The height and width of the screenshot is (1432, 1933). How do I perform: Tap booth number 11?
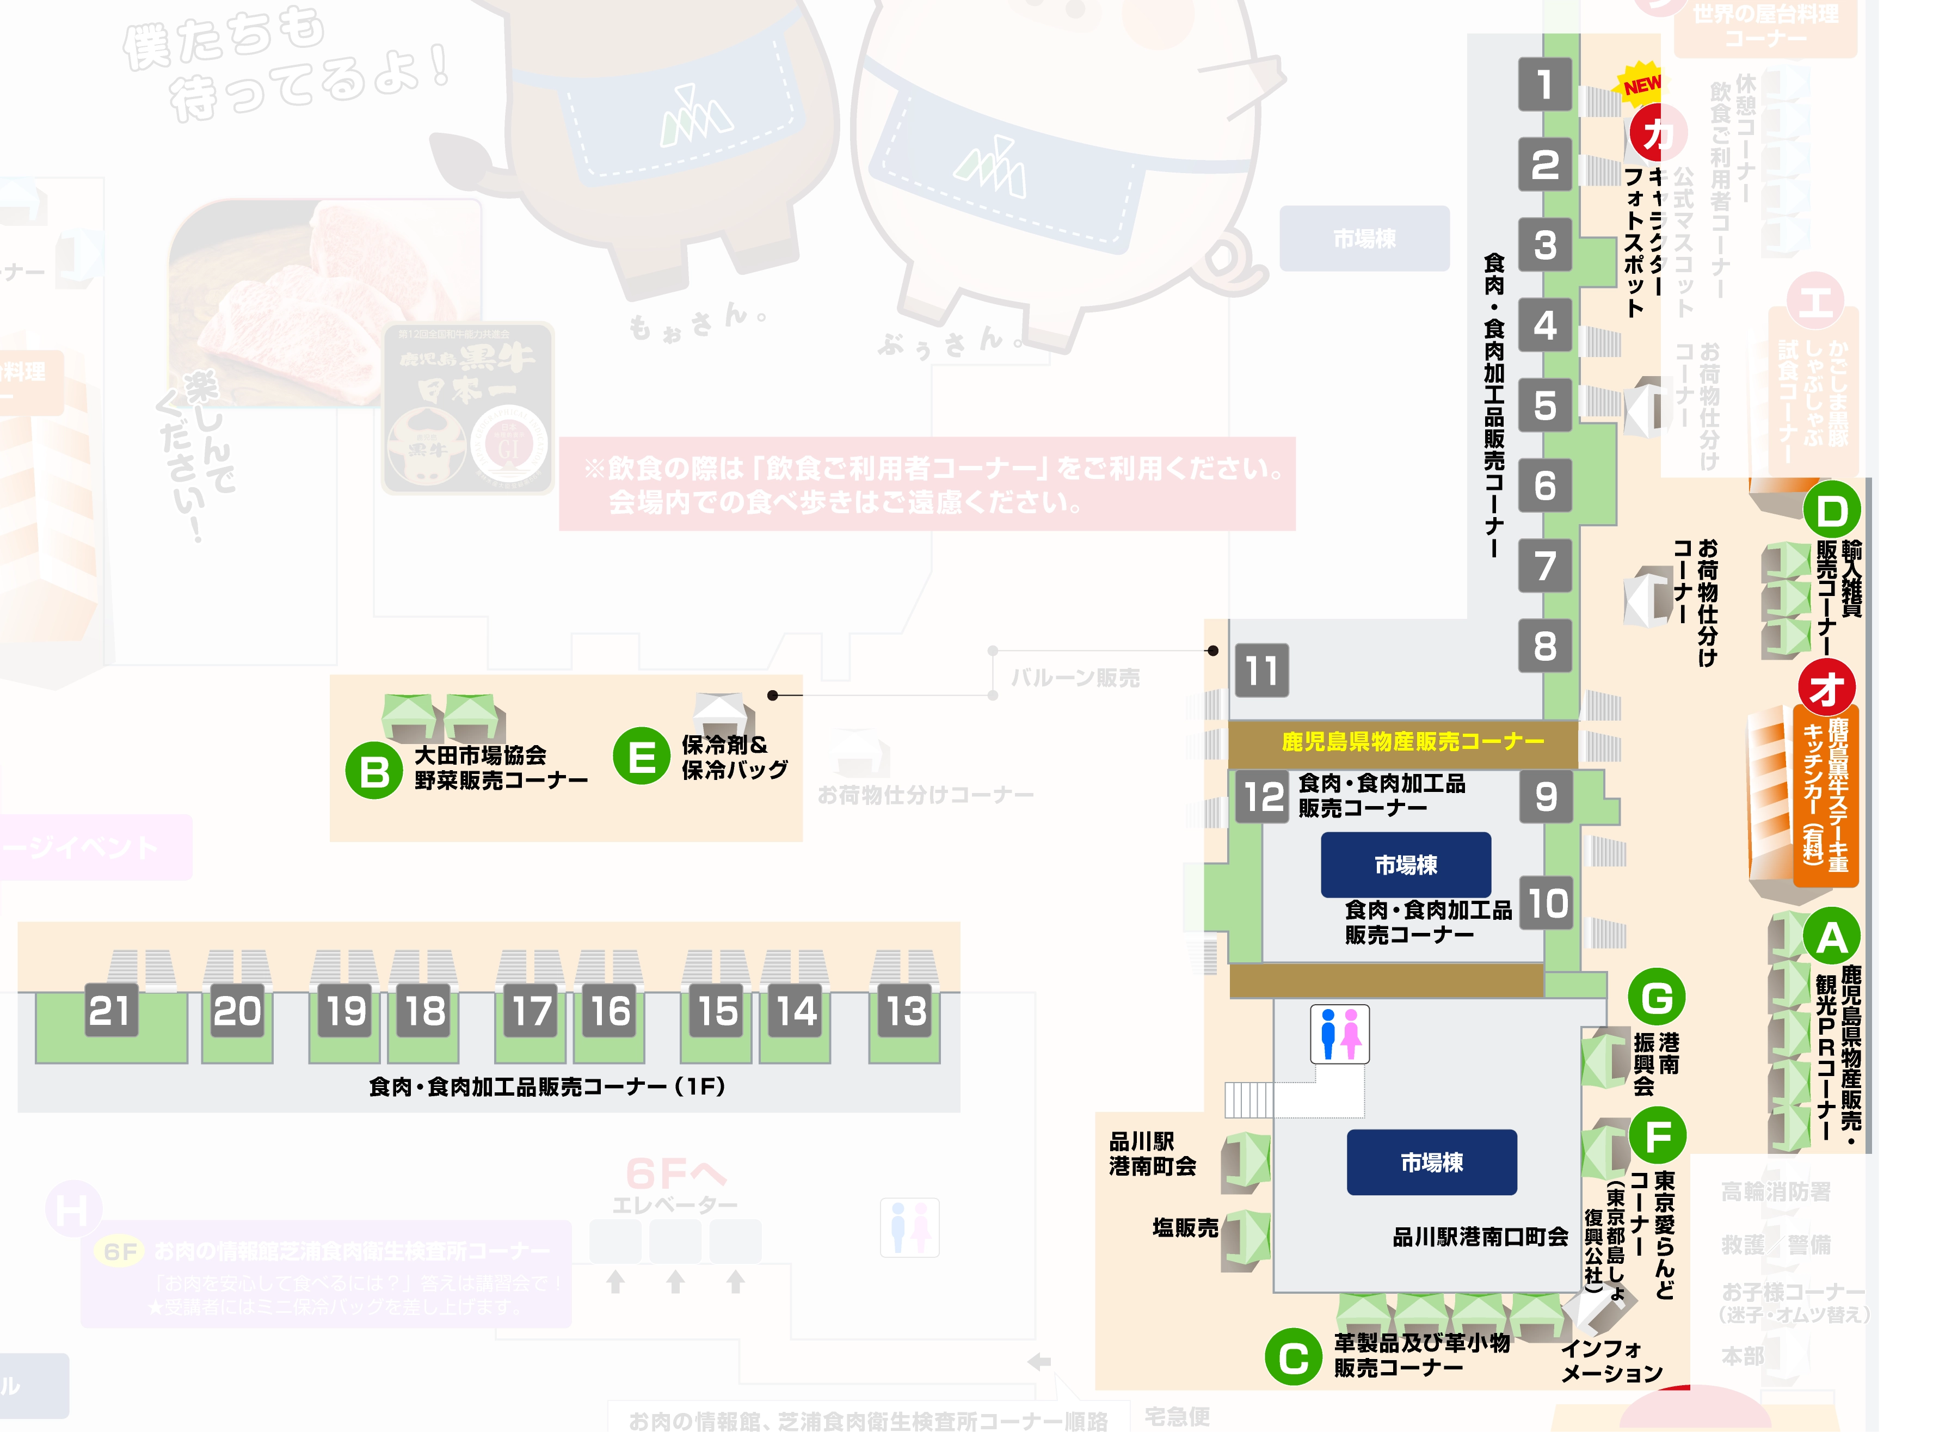tap(1261, 670)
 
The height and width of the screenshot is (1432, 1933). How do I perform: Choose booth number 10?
tap(1547, 904)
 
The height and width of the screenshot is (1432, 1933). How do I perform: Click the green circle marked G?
tap(1657, 997)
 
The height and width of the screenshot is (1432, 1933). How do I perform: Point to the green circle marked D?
tap(1832, 512)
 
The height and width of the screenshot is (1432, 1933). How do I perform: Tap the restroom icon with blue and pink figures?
tap(1339, 1033)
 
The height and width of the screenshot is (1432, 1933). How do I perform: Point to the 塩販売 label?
tap(1185, 1227)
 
